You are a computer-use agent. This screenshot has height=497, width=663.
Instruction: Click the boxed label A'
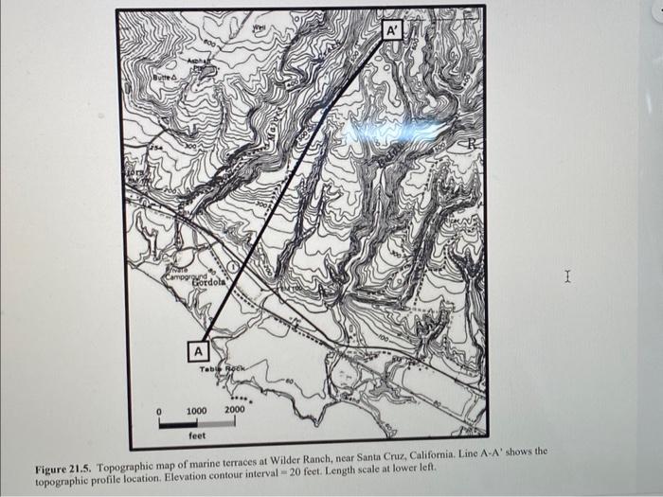pyautogui.click(x=393, y=30)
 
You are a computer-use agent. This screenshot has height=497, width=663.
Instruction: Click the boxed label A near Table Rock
pyautogui.click(x=198, y=351)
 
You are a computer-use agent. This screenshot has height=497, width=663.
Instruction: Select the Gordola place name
pyautogui.click(x=209, y=282)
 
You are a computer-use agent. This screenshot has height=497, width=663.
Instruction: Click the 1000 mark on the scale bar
pyautogui.click(x=196, y=410)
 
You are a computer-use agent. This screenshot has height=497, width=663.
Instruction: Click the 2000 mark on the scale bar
pyautogui.click(x=233, y=410)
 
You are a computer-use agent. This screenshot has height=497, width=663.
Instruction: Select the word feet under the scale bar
pyautogui.click(x=197, y=436)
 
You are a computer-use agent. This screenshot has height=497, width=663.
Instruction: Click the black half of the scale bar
pyautogui.click(x=178, y=423)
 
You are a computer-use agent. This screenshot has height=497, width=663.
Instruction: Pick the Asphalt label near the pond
pyautogui.click(x=196, y=59)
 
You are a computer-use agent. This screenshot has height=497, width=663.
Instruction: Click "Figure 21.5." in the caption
pyautogui.click(x=64, y=470)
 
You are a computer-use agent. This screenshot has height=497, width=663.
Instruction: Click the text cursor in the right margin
pyautogui.click(x=566, y=276)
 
